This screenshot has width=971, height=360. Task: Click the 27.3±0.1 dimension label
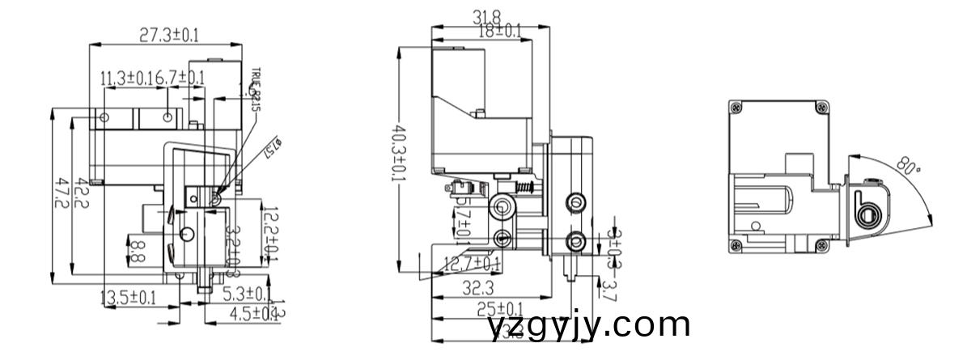tap(169, 35)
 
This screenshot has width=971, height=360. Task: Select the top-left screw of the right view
tap(735, 107)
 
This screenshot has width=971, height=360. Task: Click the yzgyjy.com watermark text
tap(590, 326)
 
